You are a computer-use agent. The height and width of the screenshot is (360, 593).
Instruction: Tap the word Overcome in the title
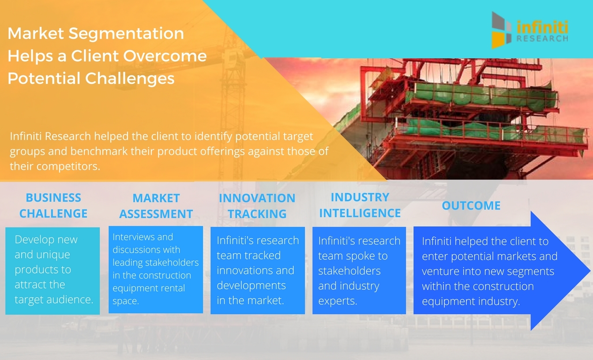pyautogui.click(x=165, y=56)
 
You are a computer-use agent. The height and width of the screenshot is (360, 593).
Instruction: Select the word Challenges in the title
pyautogui.click(x=130, y=79)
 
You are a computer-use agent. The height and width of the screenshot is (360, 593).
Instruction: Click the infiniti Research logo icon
pyautogui.click(x=501, y=30)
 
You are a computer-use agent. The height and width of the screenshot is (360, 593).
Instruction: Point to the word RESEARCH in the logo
pyautogui.click(x=542, y=39)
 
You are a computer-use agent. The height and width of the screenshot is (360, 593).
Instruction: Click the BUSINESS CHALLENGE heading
pyautogui.click(x=53, y=206)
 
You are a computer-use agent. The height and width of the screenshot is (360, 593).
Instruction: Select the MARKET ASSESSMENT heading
pyautogui.click(x=156, y=206)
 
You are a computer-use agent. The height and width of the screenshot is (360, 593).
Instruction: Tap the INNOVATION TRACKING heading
pyautogui.click(x=257, y=206)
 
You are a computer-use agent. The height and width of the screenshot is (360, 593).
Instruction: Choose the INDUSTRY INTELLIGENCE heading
pyautogui.click(x=360, y=205)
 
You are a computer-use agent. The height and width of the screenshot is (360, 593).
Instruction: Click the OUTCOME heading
pyautogui.click(x=471, y=206)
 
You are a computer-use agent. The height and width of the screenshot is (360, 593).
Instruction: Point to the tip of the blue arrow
pyautogui.click(x=590, y=270)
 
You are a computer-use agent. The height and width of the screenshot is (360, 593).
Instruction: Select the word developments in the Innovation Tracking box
pyautogui.click(x=251, y=285)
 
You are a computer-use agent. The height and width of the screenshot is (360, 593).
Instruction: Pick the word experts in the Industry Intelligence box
pyautogui.click(x=338, y=301)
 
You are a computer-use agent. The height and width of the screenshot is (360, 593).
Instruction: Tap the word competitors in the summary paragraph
pyautogui.click(x=68, y=166)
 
